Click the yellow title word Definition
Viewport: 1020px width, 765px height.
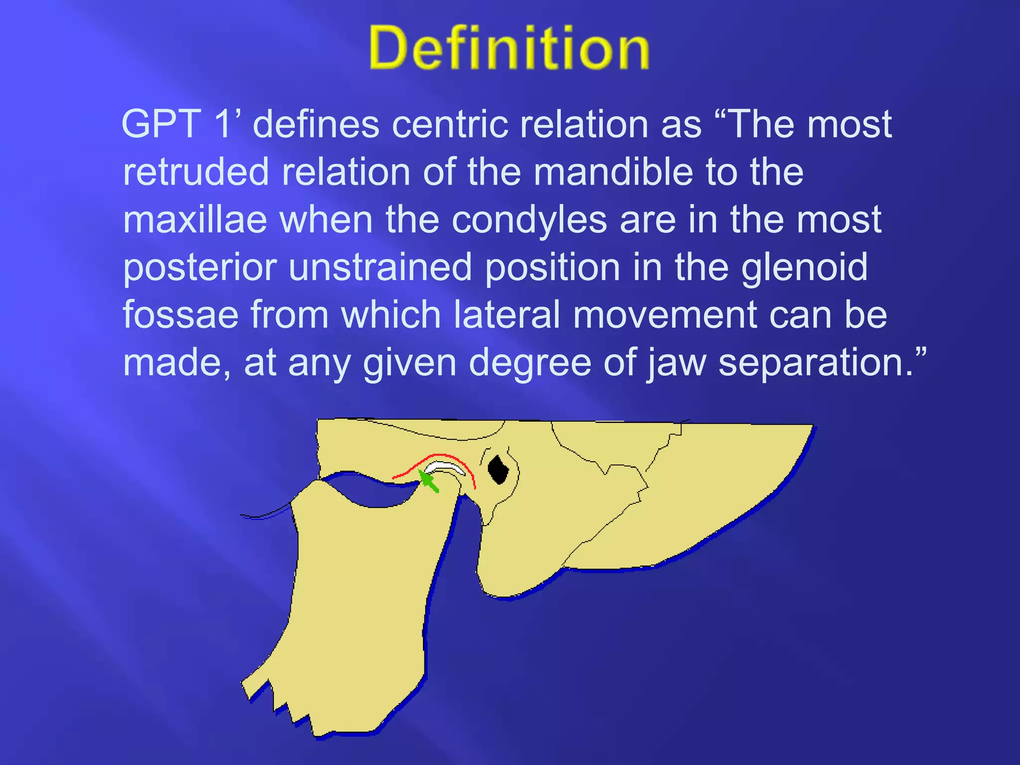tap(509, 48)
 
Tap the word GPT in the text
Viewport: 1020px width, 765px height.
tap(161, 125)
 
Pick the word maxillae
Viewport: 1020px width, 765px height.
tap(195, 220)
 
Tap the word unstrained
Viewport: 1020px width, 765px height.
tap(380, 267)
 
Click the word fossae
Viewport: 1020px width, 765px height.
tap(180, 315)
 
